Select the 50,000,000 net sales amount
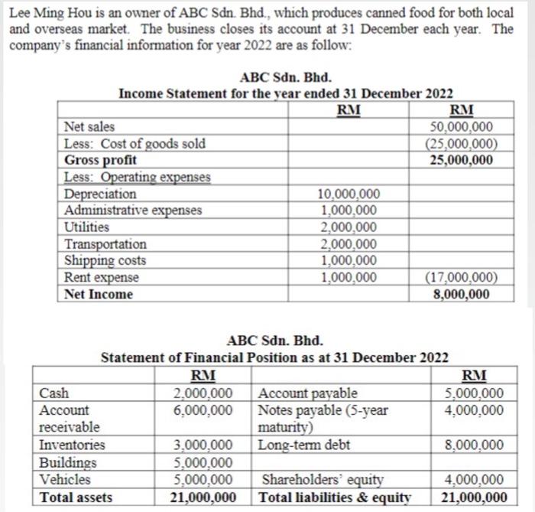click(x=462, y=127)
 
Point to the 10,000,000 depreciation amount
click(x=349, y=194)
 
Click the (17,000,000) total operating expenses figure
click(x=462, y=277)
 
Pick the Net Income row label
click(x=99, y=294)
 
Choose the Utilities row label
click(x=87, y=227)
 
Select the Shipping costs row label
click(x=105, y=260)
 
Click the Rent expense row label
click(x=102, y=277)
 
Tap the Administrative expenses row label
click(x=134, y=210)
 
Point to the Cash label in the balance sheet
click(x=53, y=393)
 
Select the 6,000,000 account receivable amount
click(x=203, y=410)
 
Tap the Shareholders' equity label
click(x=322, y=480)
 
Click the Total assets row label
click(x=76, y=497)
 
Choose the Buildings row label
click(x=69, y=462)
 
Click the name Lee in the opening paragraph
click(x=21, y=13)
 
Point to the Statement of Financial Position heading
click(x=275, y=357)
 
